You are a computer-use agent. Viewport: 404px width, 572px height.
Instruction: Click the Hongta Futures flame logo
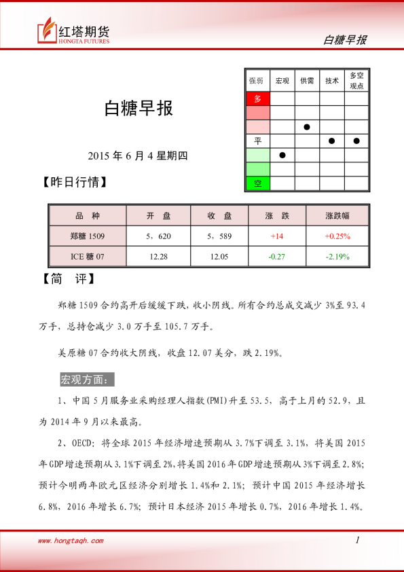point(47,31)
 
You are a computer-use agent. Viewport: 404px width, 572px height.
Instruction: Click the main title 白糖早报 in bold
point(138,109)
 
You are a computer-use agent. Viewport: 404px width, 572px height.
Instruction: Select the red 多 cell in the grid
point(257,99)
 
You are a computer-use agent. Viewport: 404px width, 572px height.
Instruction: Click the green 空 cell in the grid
point(257,183)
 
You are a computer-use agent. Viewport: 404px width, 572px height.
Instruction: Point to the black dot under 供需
point(307,127)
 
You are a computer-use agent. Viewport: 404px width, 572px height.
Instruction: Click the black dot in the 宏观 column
point(282,155)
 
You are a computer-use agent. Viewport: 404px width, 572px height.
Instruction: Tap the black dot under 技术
point(331,141)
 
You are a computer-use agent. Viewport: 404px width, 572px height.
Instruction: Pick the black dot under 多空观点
point(356,141)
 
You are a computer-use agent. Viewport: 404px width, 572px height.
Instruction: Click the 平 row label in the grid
point(257,141)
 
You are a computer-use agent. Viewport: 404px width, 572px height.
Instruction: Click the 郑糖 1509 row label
point(88,236)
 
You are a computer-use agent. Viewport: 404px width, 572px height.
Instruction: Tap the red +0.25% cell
point(337,236)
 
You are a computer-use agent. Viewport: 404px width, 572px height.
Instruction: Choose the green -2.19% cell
point(337,256)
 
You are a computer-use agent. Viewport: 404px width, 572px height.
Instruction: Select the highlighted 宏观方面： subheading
point(88,378)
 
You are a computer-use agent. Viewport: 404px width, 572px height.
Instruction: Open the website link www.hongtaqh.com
point(71,541)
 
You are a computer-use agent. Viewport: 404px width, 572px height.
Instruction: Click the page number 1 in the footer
point(356,540)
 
